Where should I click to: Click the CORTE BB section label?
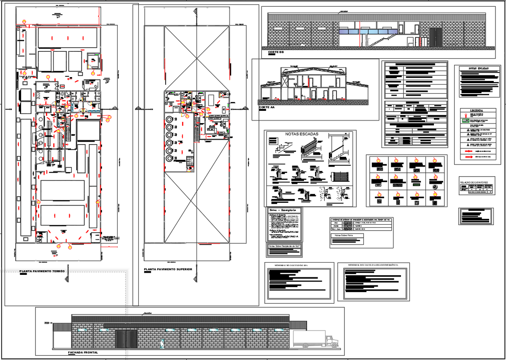tap(276, 53)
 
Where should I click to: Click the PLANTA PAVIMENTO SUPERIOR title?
tap(168, 269)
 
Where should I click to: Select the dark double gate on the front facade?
tap(126, 339)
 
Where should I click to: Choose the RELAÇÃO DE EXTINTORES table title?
tap(476, 182)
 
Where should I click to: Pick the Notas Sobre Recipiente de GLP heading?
tap(285, 245)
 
